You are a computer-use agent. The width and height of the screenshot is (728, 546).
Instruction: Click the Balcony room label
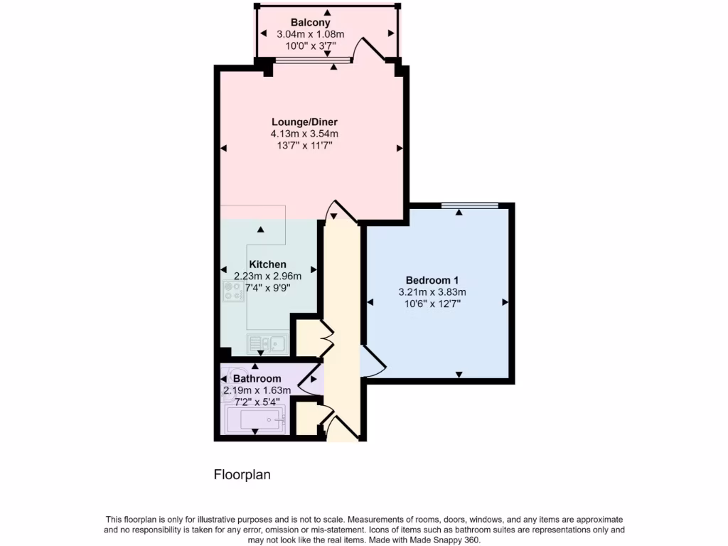tap(310, 23)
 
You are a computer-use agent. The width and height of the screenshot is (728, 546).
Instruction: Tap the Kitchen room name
tap(267, 264)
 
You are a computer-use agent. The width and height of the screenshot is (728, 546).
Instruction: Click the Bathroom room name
tap(257, 379)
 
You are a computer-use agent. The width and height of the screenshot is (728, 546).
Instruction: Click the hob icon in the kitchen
tap(233, 291)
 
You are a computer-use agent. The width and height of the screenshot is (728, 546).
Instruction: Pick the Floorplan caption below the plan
tap(242, 474)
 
